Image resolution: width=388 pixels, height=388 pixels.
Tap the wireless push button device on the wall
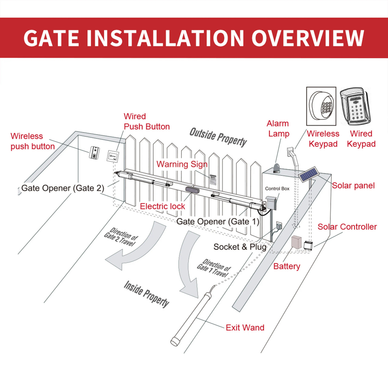95,152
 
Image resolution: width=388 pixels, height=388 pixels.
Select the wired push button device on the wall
112,156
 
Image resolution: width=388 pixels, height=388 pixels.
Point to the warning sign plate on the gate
213,179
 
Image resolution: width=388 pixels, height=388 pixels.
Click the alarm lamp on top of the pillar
276,168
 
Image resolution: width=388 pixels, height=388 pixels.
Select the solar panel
309,174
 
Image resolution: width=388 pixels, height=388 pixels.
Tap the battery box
296,242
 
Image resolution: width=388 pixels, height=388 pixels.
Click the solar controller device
308,245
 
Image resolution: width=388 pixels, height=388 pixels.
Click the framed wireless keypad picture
321,106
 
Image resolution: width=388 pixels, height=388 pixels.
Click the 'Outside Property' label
218,137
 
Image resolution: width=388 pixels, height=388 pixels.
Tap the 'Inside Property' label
146,294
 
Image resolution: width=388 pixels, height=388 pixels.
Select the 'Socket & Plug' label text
240,247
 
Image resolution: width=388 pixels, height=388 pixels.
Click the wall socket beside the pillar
279,226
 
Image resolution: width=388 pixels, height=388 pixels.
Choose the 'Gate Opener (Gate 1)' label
218,222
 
